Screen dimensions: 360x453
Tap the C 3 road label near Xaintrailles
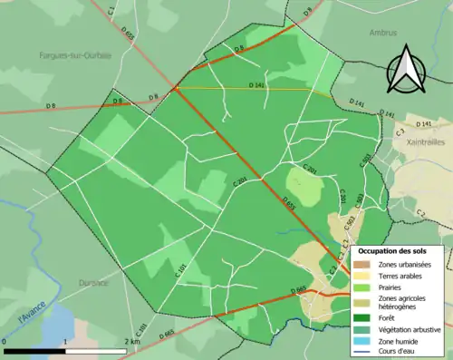pyautogui.click(x=399, y=132)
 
